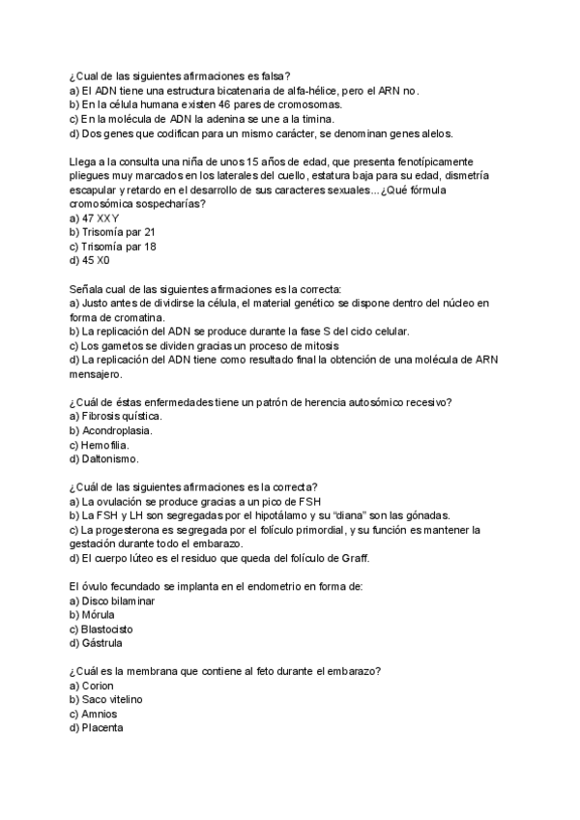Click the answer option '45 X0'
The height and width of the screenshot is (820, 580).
click(95, 260)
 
